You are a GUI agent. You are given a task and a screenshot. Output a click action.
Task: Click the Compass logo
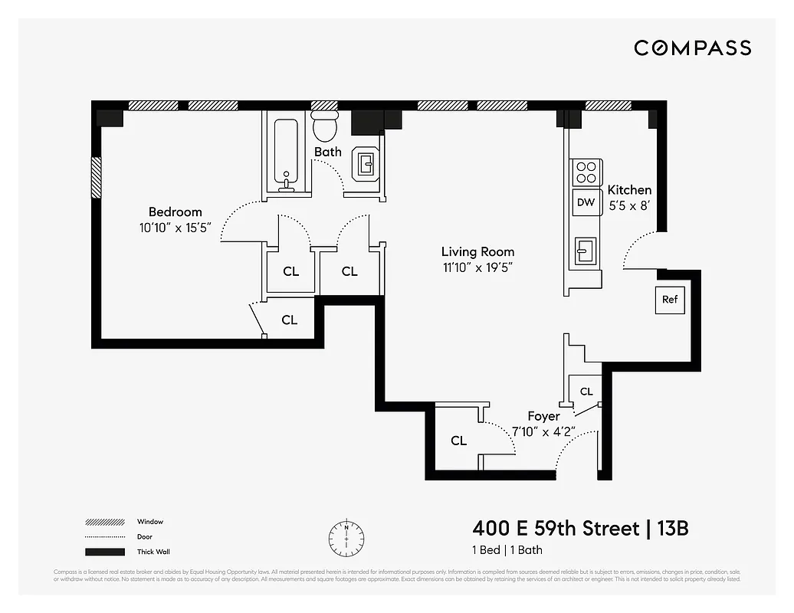(x=692, y=48)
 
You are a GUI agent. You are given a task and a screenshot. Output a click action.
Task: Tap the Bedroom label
(x=176, y=212)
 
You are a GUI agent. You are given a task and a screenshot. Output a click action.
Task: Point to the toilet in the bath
(x=326, y=127)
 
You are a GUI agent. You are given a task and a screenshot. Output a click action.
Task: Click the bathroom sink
(x=366, y=163)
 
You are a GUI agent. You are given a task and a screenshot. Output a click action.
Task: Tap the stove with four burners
(x=586, y=172)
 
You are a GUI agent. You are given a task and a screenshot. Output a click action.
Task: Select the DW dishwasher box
(x=586, y=202)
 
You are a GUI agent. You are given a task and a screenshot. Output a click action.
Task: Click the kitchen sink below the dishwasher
(x=586, y=250)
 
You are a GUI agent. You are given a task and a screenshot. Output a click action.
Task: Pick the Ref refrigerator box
(x=670, y=300)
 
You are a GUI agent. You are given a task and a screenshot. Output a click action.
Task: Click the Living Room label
(x=477, y=251)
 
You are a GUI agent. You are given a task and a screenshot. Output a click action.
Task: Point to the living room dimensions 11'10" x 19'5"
(x=477, y=267)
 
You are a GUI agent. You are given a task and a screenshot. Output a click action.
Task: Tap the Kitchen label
(x=629, y=190)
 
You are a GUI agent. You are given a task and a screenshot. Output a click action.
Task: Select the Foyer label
(x=543, y=416)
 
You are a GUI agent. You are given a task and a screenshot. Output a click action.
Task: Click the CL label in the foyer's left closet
(x=458, y=441)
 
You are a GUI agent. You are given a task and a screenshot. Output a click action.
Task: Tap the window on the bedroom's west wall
(x=96, y=177)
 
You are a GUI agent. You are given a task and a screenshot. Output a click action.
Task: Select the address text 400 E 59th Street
(x=556, y=529)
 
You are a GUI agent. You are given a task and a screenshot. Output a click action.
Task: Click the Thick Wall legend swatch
(x=105, y=552)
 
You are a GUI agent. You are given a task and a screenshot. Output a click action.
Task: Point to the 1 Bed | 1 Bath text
(x=507, y=550)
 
